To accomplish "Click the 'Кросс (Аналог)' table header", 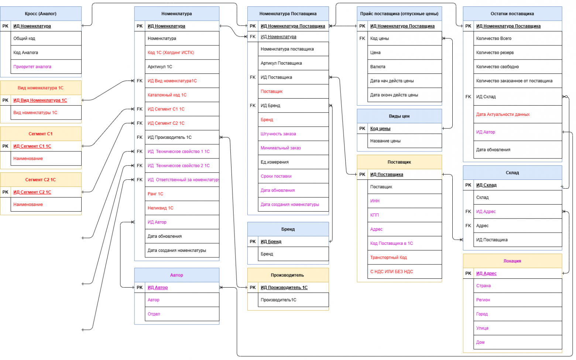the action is point(41,14).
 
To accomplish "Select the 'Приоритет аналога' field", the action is point(32,66).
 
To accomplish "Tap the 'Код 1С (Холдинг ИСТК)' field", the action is point(171,52).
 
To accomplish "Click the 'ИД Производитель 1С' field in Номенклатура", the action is point(169,137).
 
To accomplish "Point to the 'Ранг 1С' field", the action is point(155,194).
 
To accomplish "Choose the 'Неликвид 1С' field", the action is point(161,208).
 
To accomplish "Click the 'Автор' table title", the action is point(176,275).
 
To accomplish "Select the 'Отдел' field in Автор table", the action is point(154,314).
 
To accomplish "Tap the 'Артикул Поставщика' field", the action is point(281,63).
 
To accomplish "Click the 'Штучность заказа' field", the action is point(278,134).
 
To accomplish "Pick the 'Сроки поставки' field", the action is point(276,176).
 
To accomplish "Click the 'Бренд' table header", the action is point(288,229).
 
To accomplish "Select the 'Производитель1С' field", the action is point(278,300).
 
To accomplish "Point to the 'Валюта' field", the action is point(378,66).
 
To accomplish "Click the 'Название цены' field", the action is point(385,141).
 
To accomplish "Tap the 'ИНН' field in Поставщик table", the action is point(375,201).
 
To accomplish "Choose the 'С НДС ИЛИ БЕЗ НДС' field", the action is point(392,271).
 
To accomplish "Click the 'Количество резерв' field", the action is point(495,52).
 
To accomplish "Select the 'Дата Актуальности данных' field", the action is point(503,114).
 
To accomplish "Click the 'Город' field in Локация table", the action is point(482,314).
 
